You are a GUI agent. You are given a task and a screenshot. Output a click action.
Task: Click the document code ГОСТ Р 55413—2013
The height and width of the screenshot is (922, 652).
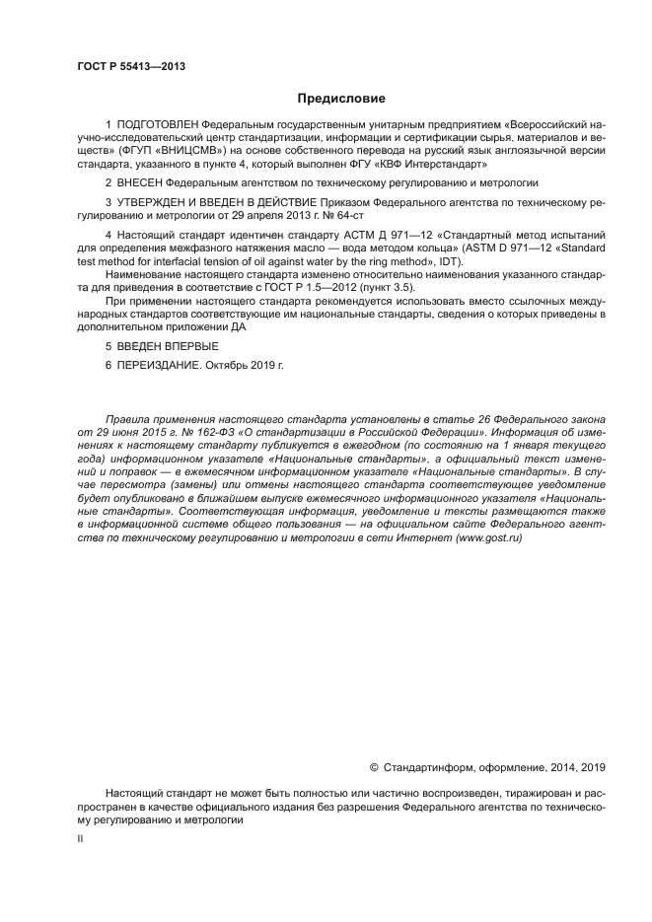tap(130, 66)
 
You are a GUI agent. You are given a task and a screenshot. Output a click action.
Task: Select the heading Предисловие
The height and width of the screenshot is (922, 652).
tap(341, 98)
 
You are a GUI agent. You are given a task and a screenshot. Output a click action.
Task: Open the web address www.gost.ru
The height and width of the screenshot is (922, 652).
tap(488, 538)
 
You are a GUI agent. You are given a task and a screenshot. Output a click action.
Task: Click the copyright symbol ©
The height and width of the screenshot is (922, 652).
tap(374, 766)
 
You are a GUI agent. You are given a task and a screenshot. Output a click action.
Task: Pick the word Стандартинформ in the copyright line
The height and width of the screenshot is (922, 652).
tap(426, 766)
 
